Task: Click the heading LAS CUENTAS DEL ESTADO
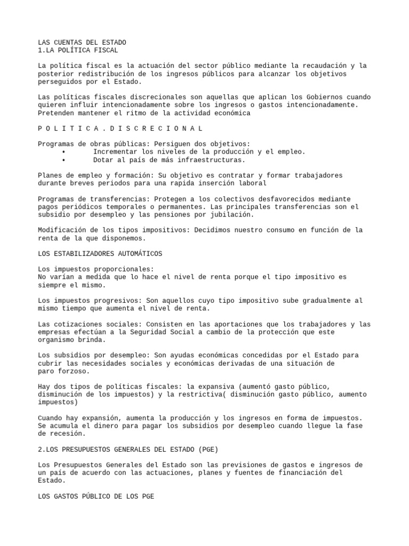[x=82, y=42]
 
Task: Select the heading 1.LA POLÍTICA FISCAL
[x=78, y=50]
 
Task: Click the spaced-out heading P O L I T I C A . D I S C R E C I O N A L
[x=120, y=129]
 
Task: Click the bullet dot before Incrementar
[x=64, y=152]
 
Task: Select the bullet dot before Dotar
[x=64, y=160]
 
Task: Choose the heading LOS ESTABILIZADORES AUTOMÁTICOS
[x=100, y=253]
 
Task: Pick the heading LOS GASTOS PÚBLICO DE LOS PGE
[x=96, y=496]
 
